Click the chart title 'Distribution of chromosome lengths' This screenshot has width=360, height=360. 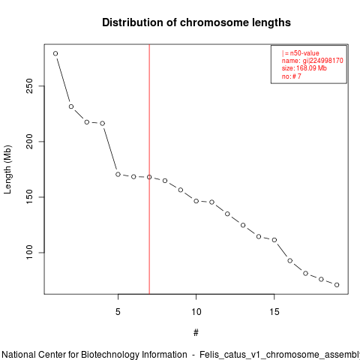[196, 22]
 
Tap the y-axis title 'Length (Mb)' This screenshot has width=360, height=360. [7, 169]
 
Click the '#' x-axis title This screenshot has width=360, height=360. [196, 333]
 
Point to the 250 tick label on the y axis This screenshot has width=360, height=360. [29, 86]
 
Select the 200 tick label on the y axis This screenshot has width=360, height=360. [29, 142]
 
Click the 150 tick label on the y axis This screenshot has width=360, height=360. [29, 197]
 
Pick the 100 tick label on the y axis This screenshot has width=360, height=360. [29, 253]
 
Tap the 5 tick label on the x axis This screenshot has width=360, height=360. [118, 312]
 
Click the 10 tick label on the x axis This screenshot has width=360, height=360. [196, 312]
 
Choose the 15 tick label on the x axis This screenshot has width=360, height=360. [274, 312]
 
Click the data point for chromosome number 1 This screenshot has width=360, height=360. [55, 53]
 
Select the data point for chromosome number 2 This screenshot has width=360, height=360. [71, 106]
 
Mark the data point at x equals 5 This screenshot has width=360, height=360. [118, 174]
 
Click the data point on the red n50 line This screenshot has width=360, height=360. [149, 177]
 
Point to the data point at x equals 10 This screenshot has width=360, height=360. [196, 201]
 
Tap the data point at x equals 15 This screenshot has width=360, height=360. [274, 240]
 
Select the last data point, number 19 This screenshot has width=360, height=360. [337, 285]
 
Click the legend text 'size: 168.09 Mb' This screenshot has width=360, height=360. [304, 68]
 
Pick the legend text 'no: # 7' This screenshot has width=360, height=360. [292, 76]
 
